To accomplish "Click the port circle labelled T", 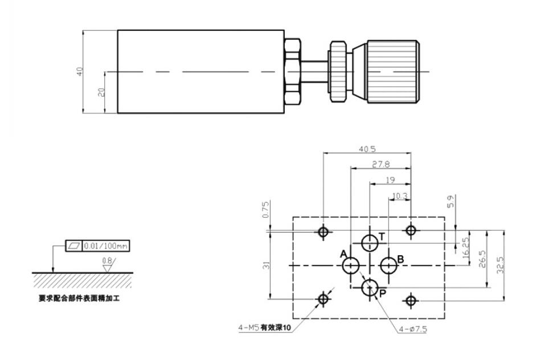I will pos(370,243).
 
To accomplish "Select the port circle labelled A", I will pos(351,265).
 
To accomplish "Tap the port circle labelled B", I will pos(388,265).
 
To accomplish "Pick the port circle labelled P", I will pos(370,287).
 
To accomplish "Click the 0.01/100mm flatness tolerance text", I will pos(106,246).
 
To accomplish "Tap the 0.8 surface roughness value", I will pos(106,261).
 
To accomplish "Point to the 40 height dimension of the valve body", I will pos(80,71).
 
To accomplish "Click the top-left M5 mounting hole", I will pos(323,231).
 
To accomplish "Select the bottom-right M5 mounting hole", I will pos(411,299).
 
